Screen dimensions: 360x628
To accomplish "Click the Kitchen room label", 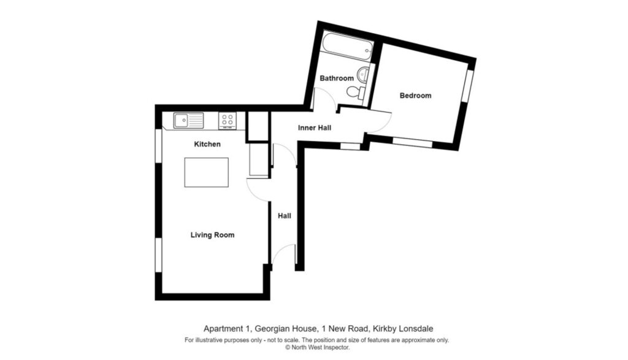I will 207,144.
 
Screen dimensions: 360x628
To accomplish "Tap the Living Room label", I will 212,235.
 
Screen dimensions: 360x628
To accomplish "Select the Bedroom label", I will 415,96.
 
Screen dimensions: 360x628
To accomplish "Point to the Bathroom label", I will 337,79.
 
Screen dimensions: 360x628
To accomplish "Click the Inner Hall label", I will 315,128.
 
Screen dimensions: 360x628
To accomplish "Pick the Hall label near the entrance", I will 285,216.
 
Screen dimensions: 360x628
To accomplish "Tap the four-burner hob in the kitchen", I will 228,121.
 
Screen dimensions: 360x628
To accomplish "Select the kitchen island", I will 207,172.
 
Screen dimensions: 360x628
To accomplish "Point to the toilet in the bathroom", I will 355,93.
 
